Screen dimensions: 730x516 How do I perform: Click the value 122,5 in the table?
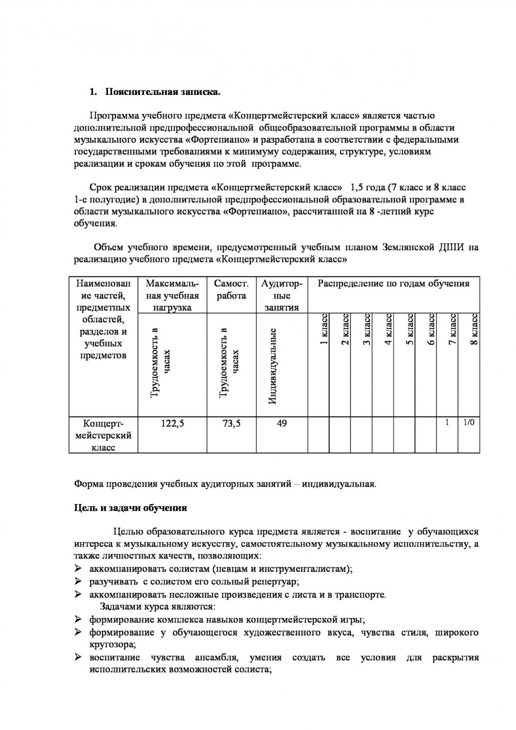(x=173, y=424)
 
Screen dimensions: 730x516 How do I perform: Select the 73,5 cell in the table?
(x=231, y=424)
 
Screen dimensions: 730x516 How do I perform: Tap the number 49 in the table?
(x=282, y=424)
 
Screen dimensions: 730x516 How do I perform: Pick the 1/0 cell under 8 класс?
(x=469, y=423)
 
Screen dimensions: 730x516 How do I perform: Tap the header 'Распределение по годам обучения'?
(x=393, y=283)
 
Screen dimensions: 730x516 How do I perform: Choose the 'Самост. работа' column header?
(x=231, y=289)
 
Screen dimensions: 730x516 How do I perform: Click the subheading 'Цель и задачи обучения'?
(x=131, y=508)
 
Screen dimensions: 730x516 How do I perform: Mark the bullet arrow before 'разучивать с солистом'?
(x=78, y=581)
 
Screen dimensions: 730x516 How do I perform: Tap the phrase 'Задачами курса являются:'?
(x=157, y=607)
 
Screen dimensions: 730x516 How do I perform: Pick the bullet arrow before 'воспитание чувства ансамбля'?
(x=78, y=657)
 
